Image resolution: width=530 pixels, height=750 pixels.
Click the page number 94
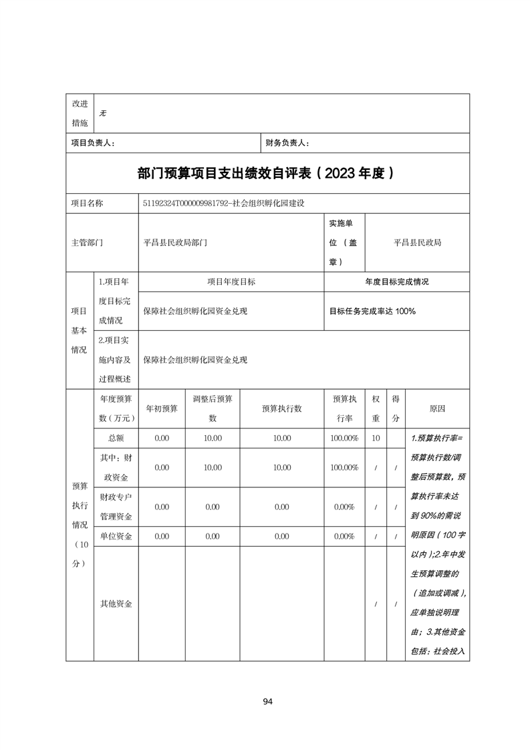[x=267, y=701]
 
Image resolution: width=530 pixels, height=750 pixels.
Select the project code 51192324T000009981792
[x=184, y=203]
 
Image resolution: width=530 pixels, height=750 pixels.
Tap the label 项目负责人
[x=94, y=143]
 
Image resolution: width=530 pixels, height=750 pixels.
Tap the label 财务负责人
[x=287, y=143]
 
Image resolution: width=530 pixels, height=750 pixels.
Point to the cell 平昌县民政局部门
[x=175, y=243]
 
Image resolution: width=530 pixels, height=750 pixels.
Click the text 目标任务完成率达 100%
[x=372, y=311]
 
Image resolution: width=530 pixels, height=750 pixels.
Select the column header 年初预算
[x=162, y=408]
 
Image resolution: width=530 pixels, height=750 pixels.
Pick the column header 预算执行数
[x=282, y=408]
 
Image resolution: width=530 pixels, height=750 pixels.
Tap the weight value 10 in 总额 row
[x=376, y=438]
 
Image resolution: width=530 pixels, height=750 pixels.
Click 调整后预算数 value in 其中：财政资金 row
[x=213, y=468]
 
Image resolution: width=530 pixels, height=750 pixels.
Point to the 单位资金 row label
[x=116, y=536]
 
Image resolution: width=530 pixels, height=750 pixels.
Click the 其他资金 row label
[x=116, y=604]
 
